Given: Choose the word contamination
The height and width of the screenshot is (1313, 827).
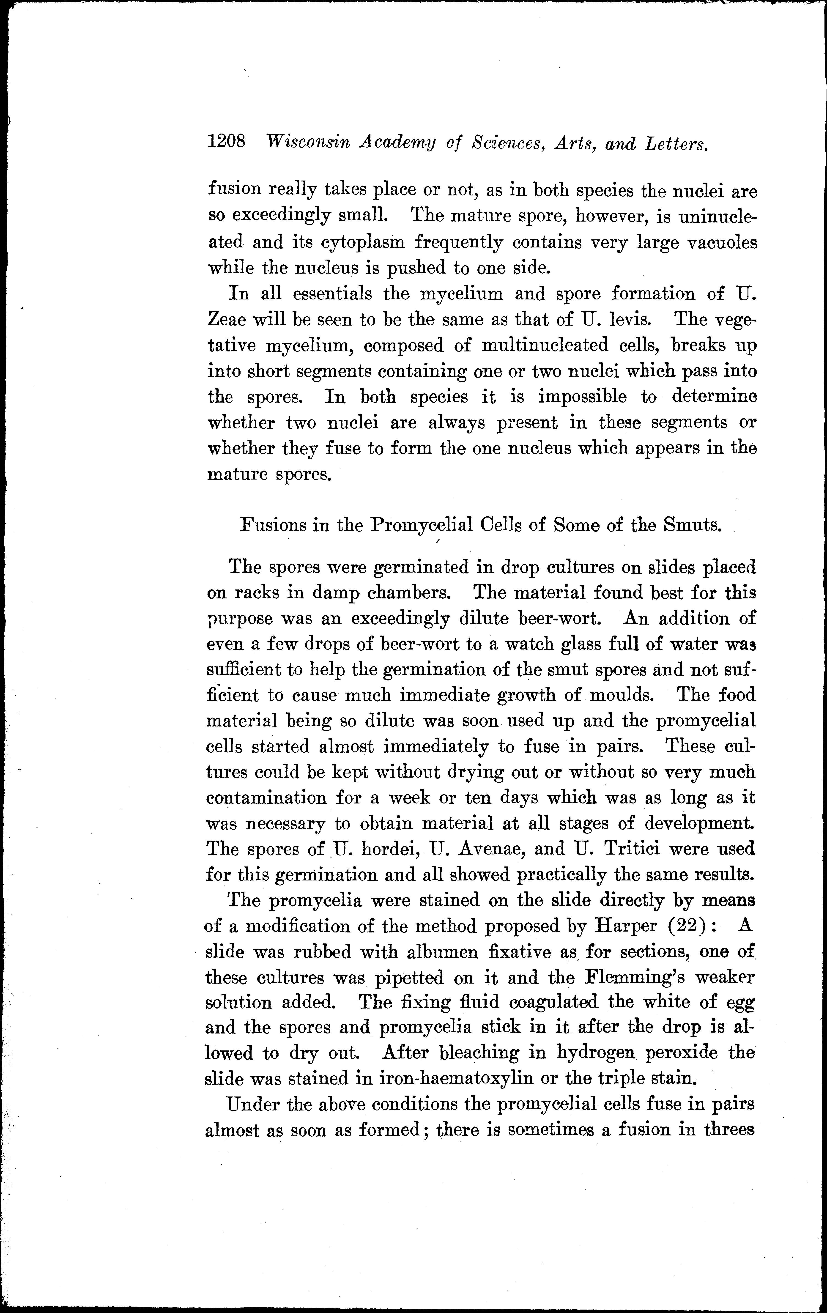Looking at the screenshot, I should [x=267, y=798].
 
